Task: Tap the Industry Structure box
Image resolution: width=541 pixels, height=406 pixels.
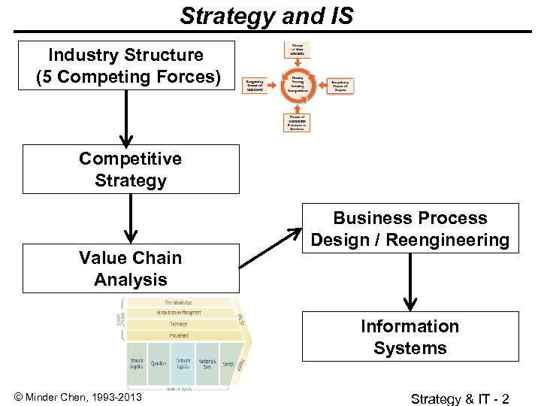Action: (x=126, y=65)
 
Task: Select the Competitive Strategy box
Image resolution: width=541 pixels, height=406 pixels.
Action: (x=131, y=169)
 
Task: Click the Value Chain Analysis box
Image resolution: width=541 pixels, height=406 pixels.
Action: (x=131, y=268)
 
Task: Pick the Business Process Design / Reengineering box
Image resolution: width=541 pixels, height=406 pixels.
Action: (x=410, y=229)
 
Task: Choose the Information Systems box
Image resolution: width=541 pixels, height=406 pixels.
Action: (x=410, y=337)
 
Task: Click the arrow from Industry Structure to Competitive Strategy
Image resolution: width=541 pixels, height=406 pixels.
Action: (x=126, y=117)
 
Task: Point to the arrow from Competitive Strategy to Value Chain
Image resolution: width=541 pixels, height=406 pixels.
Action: (x=131, y=219)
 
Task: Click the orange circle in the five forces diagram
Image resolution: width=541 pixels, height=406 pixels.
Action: (x=297, y=86)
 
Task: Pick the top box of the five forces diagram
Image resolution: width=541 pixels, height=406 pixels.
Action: (x=296, y=50)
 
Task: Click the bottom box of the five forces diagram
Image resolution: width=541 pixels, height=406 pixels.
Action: (x=296, y=122)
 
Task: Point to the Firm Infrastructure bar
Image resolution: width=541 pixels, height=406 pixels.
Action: (x=178, y=302)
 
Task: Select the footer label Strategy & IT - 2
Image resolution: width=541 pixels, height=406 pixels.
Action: (x=460, y=398)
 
